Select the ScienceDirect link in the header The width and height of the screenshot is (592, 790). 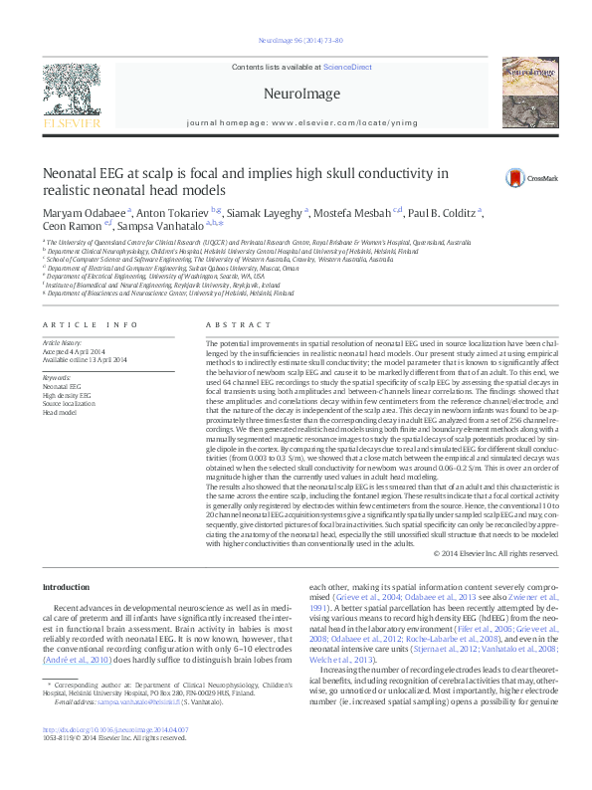(347, 66)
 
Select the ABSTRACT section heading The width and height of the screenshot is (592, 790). (231, 325)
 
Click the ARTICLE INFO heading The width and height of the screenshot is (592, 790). (90, 325)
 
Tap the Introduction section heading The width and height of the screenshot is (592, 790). (66, 587)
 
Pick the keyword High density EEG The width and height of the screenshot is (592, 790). (67, 394)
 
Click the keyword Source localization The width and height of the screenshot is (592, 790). (69, 402)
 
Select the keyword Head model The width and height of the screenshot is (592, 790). (60, 410)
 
